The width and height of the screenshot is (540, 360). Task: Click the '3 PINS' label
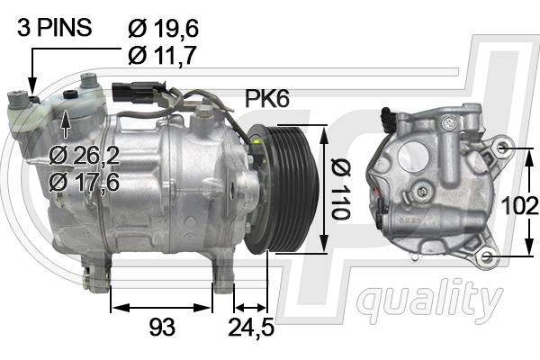coord(54,27)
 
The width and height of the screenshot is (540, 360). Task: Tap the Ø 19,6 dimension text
coord(163,28)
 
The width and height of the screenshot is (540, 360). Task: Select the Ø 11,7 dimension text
coord(162,55)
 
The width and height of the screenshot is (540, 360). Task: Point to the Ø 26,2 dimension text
coord(85,156)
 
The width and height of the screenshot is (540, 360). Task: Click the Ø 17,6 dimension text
coord(85,182)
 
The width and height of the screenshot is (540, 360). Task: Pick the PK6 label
coord(267,98)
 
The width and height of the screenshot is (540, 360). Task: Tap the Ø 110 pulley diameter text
coord(340,189)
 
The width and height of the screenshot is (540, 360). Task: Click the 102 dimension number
coord(519,206)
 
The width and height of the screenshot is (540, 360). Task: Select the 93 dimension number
coord(162,327)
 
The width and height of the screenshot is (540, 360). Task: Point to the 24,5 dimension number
coord(251,327)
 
